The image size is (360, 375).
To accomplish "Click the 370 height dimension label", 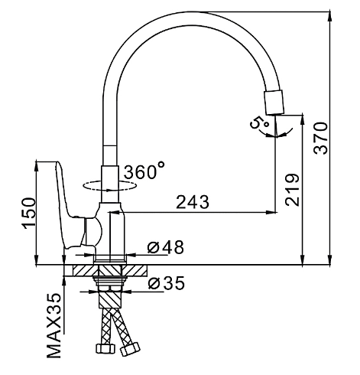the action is [320, 139].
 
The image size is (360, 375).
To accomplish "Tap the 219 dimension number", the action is [292, 190].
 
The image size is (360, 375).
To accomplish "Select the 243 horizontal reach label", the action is [193, 202].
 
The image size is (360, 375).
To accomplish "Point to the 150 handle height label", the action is [29, 213].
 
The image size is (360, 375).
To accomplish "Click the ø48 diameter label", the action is [166, 247].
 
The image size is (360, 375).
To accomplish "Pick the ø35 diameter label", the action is [166, 283].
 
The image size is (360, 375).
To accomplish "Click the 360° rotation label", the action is [144, 171].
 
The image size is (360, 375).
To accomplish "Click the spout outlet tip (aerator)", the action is [274, 102].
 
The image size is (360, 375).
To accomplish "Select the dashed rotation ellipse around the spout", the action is [110, 186].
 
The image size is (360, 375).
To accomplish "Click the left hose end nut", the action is [105, 348].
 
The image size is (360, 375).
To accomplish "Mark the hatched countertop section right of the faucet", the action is [135, 270].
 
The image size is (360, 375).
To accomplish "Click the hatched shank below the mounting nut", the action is [110, 300].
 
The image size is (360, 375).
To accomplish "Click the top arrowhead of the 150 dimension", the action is [37, 166].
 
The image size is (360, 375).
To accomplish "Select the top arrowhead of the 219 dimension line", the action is [303, 120].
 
